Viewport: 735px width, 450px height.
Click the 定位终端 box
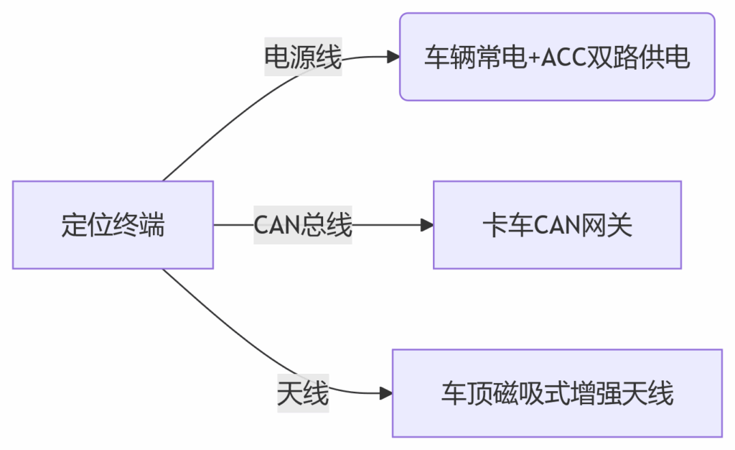(113, 225)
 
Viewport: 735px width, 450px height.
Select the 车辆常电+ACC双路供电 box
(557, 57)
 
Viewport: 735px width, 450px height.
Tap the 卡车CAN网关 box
(557, 225)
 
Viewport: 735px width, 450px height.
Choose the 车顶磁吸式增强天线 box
(557, 393)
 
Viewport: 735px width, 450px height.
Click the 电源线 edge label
(303, 57)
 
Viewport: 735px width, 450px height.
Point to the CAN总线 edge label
(303, 225)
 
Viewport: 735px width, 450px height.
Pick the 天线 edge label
(303, 393)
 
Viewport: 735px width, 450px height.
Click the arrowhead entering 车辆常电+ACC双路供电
(393, 57)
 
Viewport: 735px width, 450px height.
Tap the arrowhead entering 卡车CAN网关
(427, 225)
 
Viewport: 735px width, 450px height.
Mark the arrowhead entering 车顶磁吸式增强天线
(386, 393)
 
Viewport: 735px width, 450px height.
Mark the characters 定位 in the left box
(86, 226)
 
